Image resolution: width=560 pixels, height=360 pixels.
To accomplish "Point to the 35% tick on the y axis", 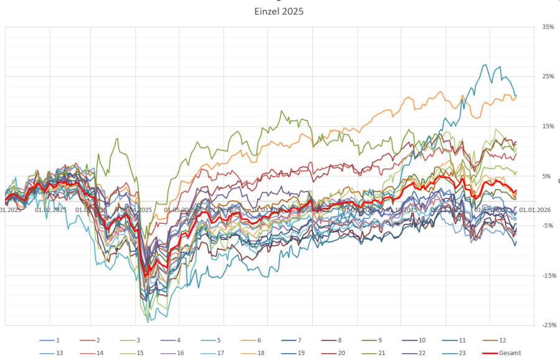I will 548,27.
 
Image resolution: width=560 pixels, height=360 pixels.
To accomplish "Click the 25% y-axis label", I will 548,76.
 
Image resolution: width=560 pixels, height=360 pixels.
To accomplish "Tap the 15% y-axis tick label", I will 548,126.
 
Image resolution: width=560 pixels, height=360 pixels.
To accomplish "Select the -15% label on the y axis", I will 547,275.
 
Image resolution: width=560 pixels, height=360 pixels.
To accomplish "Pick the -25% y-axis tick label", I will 547,325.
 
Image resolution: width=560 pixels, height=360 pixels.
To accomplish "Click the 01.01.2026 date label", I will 533,210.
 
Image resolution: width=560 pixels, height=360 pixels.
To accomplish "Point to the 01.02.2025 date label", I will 51,210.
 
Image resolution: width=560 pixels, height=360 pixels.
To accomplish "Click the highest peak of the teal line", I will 485,65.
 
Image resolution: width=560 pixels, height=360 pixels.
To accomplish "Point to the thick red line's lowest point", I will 147,274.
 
